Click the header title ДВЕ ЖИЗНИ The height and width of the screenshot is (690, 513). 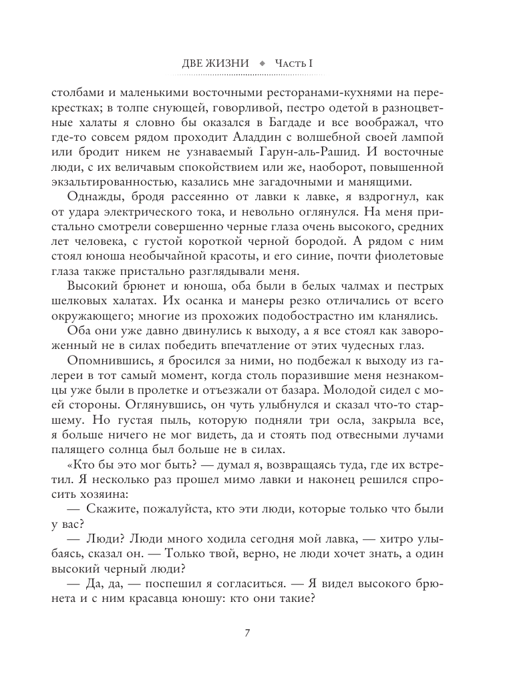(216, 63)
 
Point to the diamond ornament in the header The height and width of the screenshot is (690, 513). (261, 63)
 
